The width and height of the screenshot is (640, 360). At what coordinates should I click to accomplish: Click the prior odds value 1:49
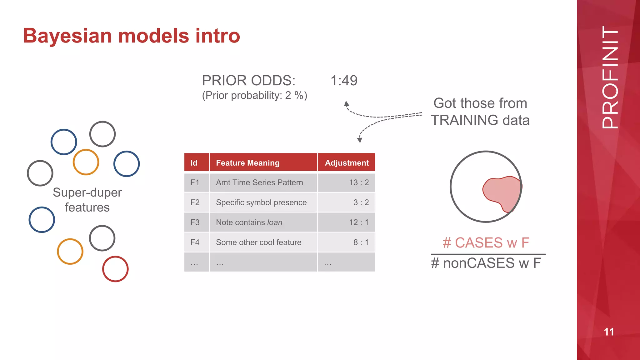[344, 81]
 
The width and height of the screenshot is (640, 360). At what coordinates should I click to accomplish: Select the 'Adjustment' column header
[347, 163]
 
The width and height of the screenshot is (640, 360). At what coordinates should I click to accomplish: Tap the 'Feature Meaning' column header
[247, 163]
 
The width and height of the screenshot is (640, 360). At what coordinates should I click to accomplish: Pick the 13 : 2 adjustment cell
[359, 182]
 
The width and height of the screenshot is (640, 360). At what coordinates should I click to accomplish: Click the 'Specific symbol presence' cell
[261, 202]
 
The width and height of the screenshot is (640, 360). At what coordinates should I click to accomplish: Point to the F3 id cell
[195, 222]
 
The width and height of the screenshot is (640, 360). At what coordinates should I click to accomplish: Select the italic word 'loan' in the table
[275, 222]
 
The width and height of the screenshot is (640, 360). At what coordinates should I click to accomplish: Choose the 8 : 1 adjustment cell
[361, 242]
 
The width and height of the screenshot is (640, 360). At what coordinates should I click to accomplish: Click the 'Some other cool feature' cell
[258, 242]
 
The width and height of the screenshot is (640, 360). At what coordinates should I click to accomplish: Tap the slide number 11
[609, 332]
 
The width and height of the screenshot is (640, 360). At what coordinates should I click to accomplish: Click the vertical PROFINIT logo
[610, 77]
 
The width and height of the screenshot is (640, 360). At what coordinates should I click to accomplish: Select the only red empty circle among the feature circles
[115, 269]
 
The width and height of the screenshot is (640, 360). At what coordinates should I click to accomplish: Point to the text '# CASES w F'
[486, 243]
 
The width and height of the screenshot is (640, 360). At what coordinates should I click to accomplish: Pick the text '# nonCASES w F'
[486, 263]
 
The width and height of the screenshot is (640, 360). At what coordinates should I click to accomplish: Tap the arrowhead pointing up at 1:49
[346, 103]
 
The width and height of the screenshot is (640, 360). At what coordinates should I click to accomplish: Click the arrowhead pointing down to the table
[360, 140]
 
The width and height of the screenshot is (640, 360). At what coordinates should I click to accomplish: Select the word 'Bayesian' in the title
[67, 36]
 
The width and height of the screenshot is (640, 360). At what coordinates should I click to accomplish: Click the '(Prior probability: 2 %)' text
[254, 95]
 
